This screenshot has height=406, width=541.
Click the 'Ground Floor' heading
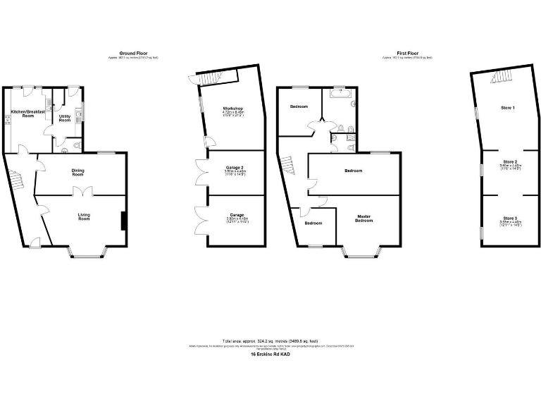[132, 53]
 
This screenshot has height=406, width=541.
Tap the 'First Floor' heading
[407, 53]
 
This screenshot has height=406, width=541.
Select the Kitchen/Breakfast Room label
[27, 113]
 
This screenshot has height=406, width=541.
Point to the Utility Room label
[65, 118]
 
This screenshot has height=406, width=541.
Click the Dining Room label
[77, 171]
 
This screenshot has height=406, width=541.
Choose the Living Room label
[84, 217]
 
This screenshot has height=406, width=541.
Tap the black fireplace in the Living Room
[124, 221]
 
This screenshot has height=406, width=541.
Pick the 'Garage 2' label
[234, 167]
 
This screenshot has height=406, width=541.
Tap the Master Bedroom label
[363, 219]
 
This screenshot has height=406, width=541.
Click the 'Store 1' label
[508, 108]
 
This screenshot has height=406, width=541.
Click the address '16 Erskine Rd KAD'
[270, 354]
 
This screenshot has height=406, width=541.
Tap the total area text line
[271, 340]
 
